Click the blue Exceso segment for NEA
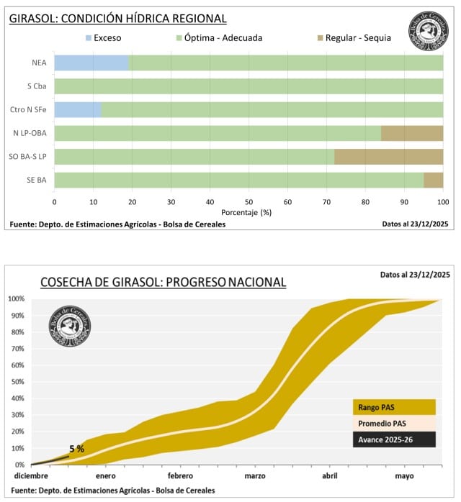point(91,63)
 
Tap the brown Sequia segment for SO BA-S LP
point(388,157)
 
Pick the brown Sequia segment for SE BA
point(433,180)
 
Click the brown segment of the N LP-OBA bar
point(411,133)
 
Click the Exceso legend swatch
point(89,37)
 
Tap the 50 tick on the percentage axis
point(249,202)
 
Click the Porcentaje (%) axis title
point(249,213)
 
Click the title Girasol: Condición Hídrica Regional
point(118,19)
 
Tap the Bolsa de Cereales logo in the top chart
point(429,31)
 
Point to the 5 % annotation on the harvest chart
point(77,449)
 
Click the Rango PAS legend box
point(394,407)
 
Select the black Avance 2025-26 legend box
point(394,439)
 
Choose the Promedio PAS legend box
point(394,423)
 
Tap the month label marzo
point(255,476)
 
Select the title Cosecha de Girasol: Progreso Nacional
point(163,282)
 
